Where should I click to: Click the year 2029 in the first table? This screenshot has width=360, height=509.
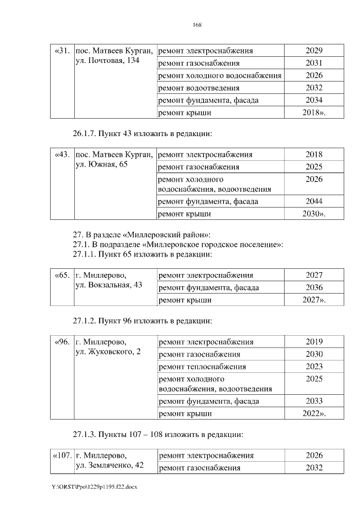pos(314,51)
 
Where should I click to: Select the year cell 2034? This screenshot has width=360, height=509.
pos(314,100)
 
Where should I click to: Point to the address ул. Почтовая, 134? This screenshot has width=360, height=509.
pos(107,60)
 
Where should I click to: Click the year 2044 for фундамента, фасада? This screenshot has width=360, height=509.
pos(314,201)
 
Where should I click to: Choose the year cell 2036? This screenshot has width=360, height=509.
pos(314,288)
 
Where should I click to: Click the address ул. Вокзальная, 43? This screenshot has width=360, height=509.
pos(109,285)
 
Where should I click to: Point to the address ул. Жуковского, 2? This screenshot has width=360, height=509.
pos(108,352)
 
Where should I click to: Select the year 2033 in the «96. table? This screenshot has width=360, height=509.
pos(314,401)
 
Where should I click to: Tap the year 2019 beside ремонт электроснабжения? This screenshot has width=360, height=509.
pos(314,342)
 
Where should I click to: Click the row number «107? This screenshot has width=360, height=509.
pos(62,456)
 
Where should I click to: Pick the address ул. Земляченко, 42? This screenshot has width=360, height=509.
pos(110,466)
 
